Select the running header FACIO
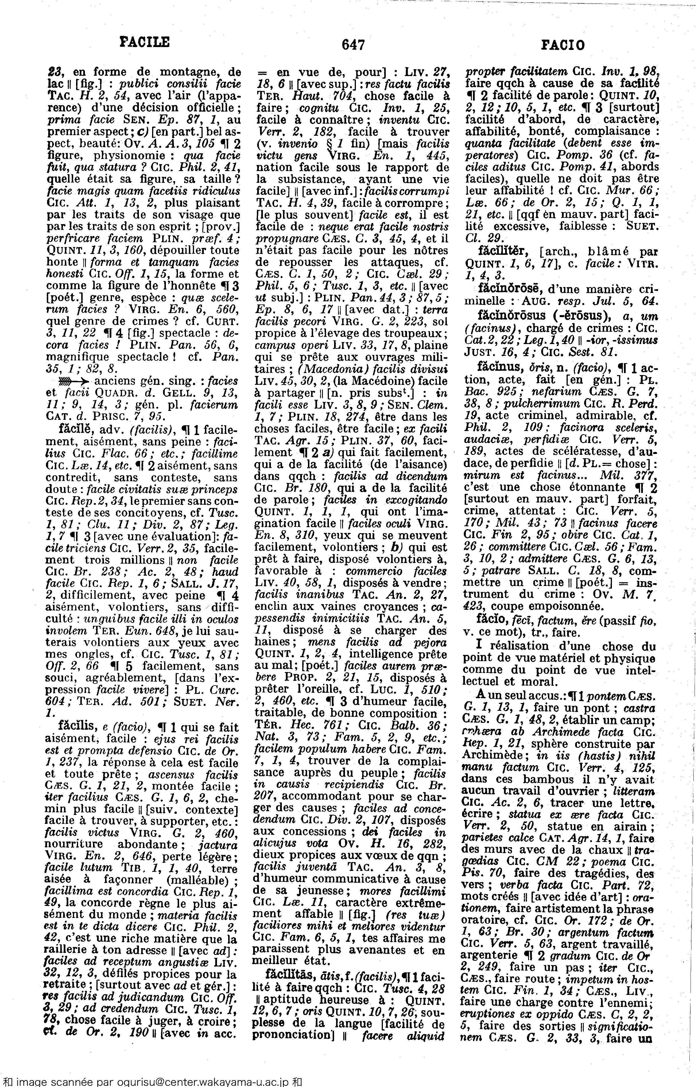563,45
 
